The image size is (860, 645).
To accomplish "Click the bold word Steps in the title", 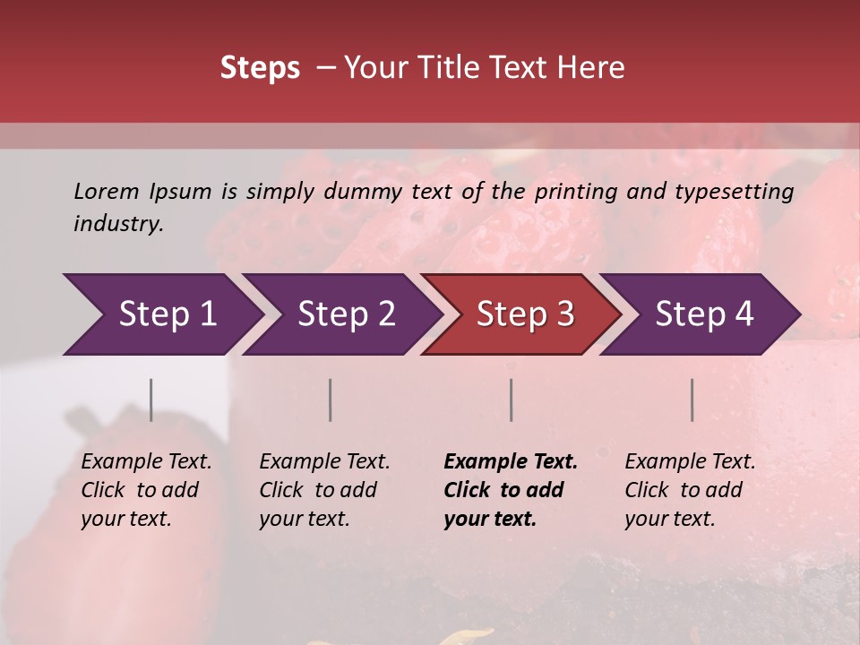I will click(x=260, y=68).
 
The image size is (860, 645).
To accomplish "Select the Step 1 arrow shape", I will click(x=161, y=314).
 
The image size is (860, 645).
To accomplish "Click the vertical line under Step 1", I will click(x=150, y=400).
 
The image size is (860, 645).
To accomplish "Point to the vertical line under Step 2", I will click(x=331, y=400).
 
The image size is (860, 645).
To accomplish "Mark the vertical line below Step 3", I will click(x=511, y=400).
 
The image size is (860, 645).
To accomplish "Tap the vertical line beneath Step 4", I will click(x=692, y=400).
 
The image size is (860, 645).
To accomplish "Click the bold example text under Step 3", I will click(x=511, y=490).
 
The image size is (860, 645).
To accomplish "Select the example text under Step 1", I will click(x=146, y=490).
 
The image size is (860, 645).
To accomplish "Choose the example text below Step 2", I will click(x=324, y=490).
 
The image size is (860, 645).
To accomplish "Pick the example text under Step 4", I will click(x=690, y=490).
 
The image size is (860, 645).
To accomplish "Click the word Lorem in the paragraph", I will click(x=107, y=191).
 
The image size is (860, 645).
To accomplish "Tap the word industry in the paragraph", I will click(x=118, y=224).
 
